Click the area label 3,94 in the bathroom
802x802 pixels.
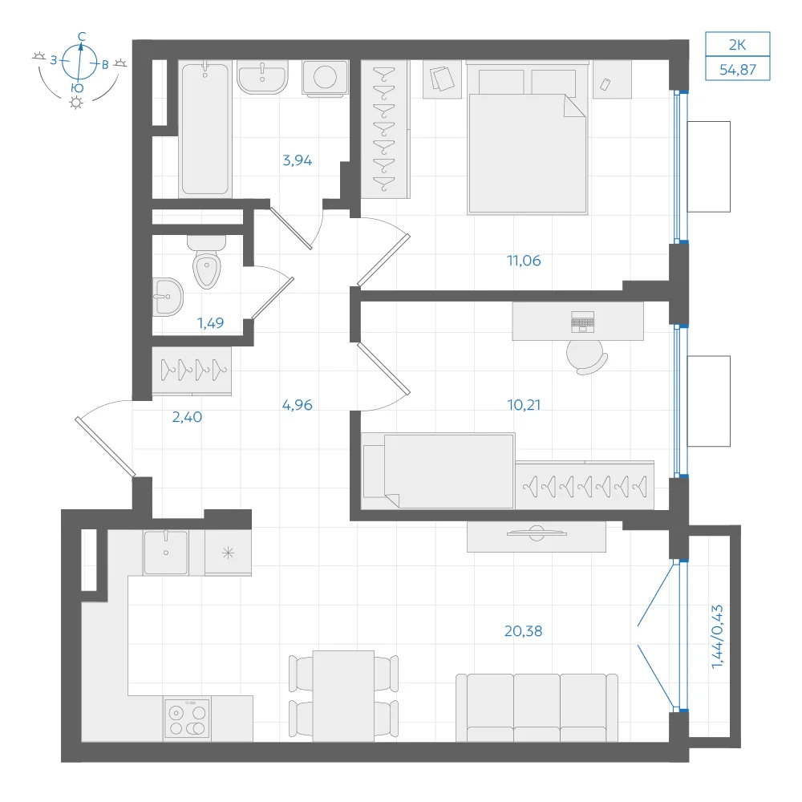point(298,160)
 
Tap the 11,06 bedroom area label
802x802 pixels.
point(524,261)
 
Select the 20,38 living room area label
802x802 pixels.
point(523,631)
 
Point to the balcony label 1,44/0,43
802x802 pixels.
point(717,637)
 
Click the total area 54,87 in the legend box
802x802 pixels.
point(738,70)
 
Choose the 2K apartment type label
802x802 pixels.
point(738,45)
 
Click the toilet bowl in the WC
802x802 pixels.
point(207,262)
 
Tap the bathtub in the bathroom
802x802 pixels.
point(205,129)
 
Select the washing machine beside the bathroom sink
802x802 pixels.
point(326,79)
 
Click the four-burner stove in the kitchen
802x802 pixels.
point(187,719)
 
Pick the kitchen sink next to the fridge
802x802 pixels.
point(166,553)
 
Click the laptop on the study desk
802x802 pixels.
point(582,322)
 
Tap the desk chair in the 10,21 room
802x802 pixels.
point(587,357)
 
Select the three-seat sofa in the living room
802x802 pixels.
point(537,707)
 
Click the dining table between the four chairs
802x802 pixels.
point(343,696)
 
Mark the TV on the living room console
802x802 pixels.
point(537,533)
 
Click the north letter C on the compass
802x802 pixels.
point(82,36)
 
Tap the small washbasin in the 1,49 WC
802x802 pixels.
point(168,298)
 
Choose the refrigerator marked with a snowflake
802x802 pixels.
point(228,553)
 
